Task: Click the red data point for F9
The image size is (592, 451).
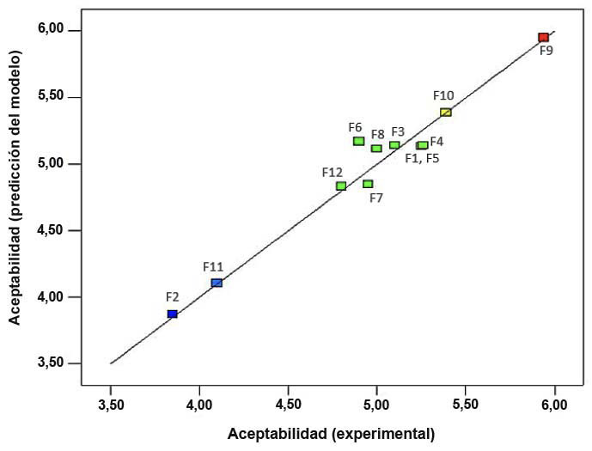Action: (x=543, y=37)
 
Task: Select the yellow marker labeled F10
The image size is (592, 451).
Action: (x=445, y=112)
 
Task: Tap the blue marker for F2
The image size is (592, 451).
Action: (x=173, y=314)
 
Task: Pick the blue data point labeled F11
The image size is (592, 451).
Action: (x=217, y=283)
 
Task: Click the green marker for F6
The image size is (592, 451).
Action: (x=358, y=141)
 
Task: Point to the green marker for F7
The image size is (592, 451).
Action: (x=368, y=184)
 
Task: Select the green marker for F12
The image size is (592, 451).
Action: (x=341, y=186)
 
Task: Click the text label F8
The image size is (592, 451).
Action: (x=378, y=134)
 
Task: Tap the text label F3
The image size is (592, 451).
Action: (x=398, y=131)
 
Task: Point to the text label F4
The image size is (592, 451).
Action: (x=436, y=141)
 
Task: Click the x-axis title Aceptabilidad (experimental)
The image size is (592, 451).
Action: (x=331, y=434)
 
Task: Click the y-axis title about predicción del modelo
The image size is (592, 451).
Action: (x=15, y=187)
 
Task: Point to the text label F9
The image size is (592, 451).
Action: (x=546, y=51)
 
